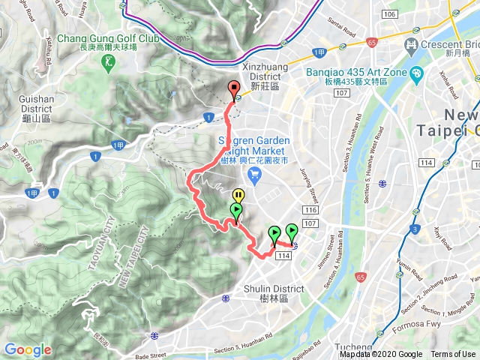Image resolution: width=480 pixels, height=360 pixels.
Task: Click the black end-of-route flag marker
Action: coord(232,87)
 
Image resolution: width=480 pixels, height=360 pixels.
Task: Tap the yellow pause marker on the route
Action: coord(238,195)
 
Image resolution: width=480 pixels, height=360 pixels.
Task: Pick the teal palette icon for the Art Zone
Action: coord(418,73)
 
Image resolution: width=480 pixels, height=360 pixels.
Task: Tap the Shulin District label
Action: coord(274,293)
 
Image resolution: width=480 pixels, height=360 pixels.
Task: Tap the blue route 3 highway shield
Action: coord(414,229)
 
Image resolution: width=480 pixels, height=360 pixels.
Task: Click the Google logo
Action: coord(28,349)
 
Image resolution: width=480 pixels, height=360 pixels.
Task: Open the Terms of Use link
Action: coord(452,354)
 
